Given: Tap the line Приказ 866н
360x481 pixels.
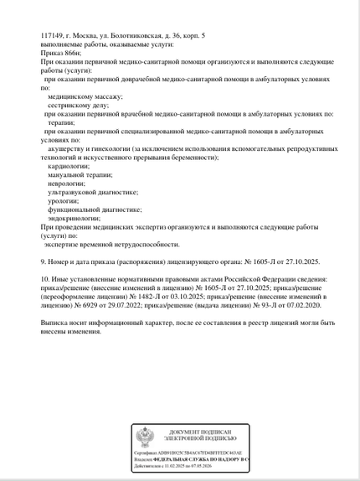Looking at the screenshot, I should (58, 53).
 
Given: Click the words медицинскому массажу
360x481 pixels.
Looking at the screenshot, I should (85, 96).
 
